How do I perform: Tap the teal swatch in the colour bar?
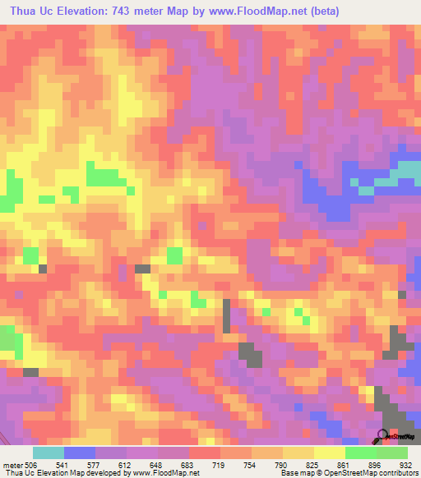click(x=48, y=453)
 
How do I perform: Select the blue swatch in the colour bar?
click(x=79, y=453)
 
